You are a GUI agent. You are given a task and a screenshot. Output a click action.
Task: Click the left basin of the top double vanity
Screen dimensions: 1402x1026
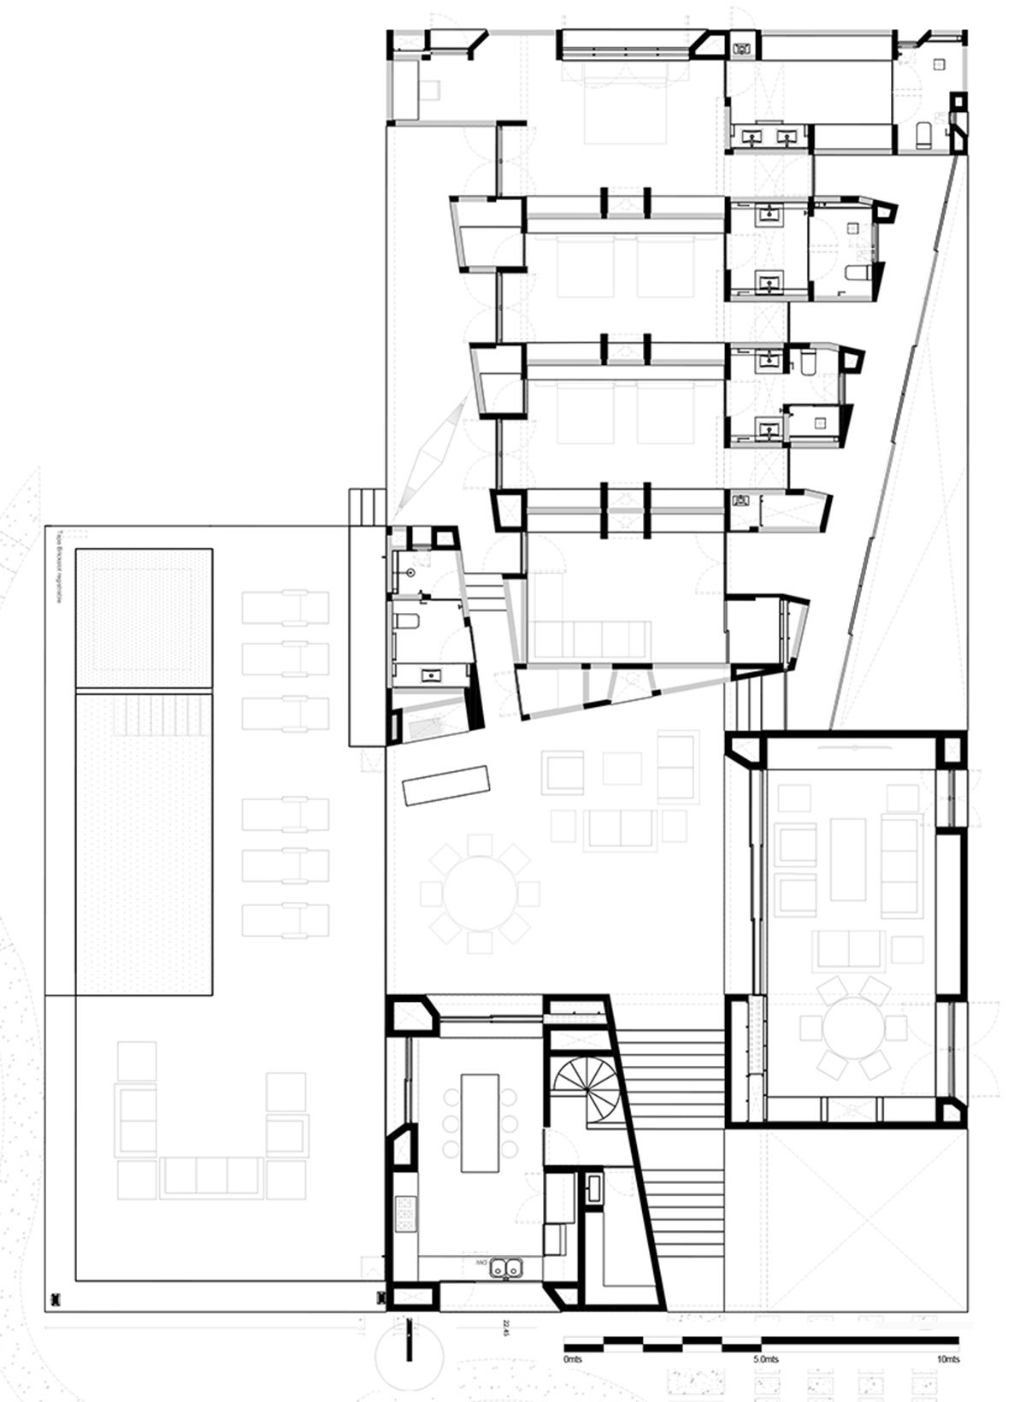tap(753, 136)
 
